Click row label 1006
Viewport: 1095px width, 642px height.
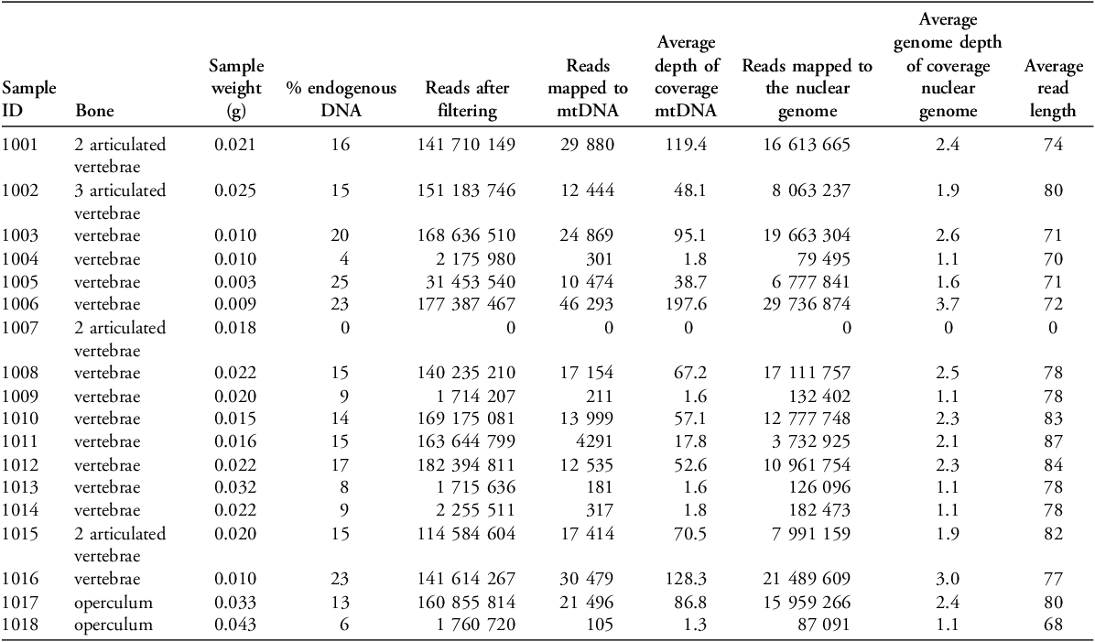pos(20,303)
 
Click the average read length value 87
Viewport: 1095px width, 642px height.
pos(1053,441)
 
